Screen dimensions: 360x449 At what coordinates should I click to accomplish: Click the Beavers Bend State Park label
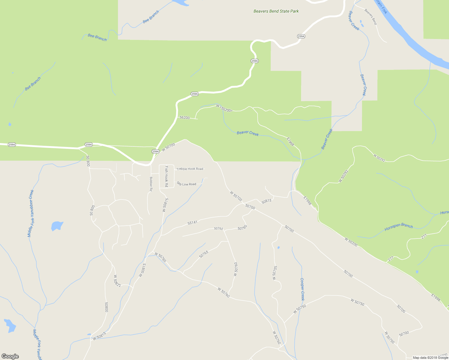click(276, 11)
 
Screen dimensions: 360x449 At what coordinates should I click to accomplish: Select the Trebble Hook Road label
click(190, 169)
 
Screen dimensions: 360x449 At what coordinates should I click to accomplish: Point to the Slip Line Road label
click(186, 184)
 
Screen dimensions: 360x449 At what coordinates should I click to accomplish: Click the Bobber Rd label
click(151, 184)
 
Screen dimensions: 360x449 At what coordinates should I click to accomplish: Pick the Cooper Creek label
click(303, 289)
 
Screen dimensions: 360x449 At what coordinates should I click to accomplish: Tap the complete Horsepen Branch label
click(399, 227)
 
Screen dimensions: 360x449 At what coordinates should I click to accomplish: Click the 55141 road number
click(192, 223)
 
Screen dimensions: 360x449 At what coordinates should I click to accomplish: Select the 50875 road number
click(266, 201)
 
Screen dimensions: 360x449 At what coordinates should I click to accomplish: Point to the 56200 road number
click(185, 118)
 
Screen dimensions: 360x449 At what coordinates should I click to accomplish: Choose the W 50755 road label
click(275, 273)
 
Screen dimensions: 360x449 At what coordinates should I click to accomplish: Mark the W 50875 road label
click(165, 205)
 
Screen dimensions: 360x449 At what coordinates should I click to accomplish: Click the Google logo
click(10, 356)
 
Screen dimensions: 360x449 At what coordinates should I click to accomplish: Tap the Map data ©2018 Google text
click(430, 358)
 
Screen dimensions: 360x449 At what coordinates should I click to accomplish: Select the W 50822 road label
click(117, 281)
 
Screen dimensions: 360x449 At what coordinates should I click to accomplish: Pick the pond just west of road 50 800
click(57, 226)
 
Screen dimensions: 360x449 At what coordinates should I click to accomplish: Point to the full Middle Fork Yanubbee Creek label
click(31, 213)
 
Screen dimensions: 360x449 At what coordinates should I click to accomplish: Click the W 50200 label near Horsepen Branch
click(351, 242)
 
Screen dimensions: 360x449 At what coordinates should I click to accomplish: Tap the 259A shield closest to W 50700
click(155, 151)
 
